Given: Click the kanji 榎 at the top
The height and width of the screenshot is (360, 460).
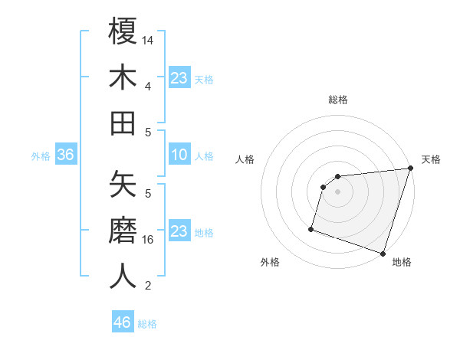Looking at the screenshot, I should tap(123, 33).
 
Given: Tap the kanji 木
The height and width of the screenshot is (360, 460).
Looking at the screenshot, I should tap(123, 77).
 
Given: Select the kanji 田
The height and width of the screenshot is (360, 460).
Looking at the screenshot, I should tap(123, 123).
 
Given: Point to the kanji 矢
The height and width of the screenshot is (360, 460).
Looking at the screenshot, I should tap(123, 185).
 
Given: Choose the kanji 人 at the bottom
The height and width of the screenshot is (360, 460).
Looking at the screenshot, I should tap(123, 276).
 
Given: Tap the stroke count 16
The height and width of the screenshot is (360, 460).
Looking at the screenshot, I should tap(149, 239).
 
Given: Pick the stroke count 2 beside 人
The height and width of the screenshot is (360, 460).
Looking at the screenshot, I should tap(148, 286).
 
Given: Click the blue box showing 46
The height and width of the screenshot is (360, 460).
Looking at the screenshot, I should tap(123, 322).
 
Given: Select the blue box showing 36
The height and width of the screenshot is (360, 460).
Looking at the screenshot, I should tap(66, 155).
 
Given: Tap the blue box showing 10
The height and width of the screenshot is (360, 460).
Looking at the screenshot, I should tap(179, 155).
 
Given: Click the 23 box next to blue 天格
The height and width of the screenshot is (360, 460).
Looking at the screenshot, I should tap(179, 78).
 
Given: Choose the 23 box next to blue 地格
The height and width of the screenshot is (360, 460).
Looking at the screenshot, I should tap(179, 231).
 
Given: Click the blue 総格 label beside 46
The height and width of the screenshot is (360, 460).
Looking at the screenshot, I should tap(147, 324).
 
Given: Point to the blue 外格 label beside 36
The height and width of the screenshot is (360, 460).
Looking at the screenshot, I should tap(41, 156).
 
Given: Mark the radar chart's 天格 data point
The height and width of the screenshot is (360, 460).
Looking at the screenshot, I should tap(410, 169).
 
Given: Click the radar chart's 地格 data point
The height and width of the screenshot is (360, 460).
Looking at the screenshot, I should tap(383, 253).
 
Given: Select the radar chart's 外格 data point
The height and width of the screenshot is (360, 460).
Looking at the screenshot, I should tap(311, 228).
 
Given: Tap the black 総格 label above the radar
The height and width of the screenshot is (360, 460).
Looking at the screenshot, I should tap(338, 100).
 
